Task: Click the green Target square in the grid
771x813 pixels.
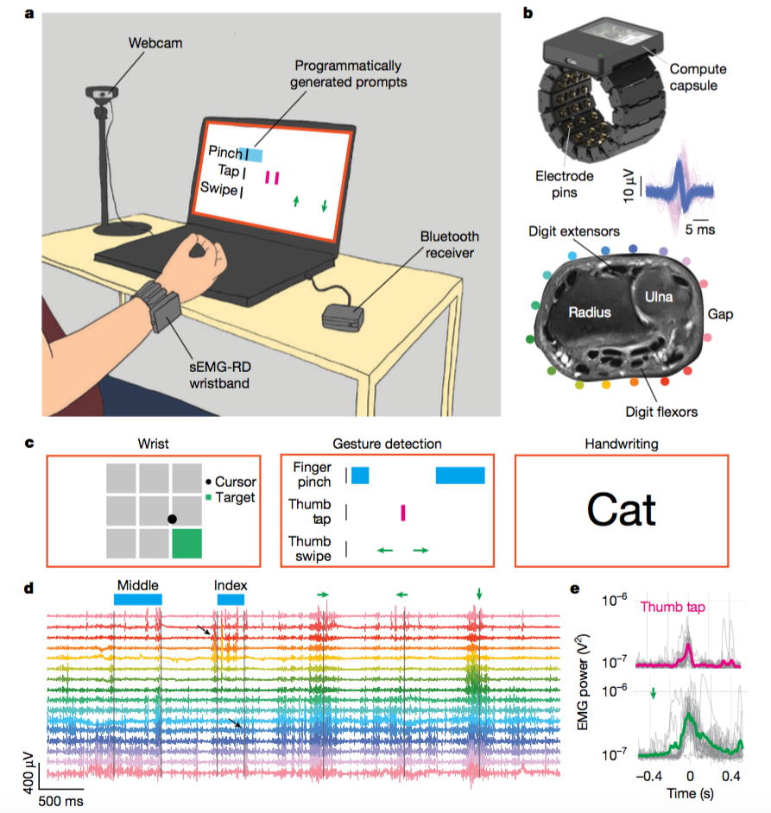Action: click(186, 545)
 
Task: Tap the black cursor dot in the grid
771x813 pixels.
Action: click(172, 519)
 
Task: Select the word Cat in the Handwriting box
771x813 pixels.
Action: click(621, 509)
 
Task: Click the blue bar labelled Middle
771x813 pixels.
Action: click(137, 599)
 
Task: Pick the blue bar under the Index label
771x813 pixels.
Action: click(231, 599)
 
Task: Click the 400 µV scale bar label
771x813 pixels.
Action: click(28, 776)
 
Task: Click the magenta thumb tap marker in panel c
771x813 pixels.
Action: click(402, 514)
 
